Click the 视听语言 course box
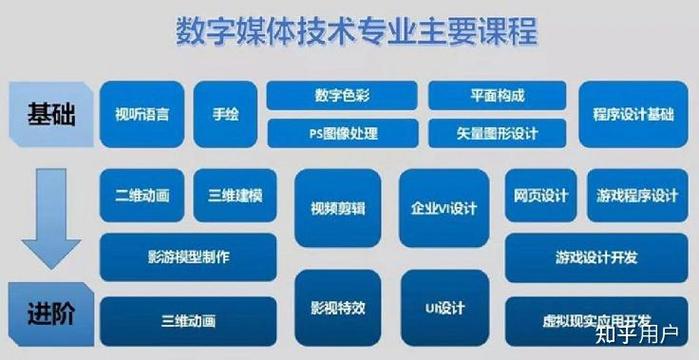[142, 113]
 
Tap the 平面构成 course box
[497, 96]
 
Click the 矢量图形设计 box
[497, 131]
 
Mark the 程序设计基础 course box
[633, 113]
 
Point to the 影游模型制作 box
[188, 257]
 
